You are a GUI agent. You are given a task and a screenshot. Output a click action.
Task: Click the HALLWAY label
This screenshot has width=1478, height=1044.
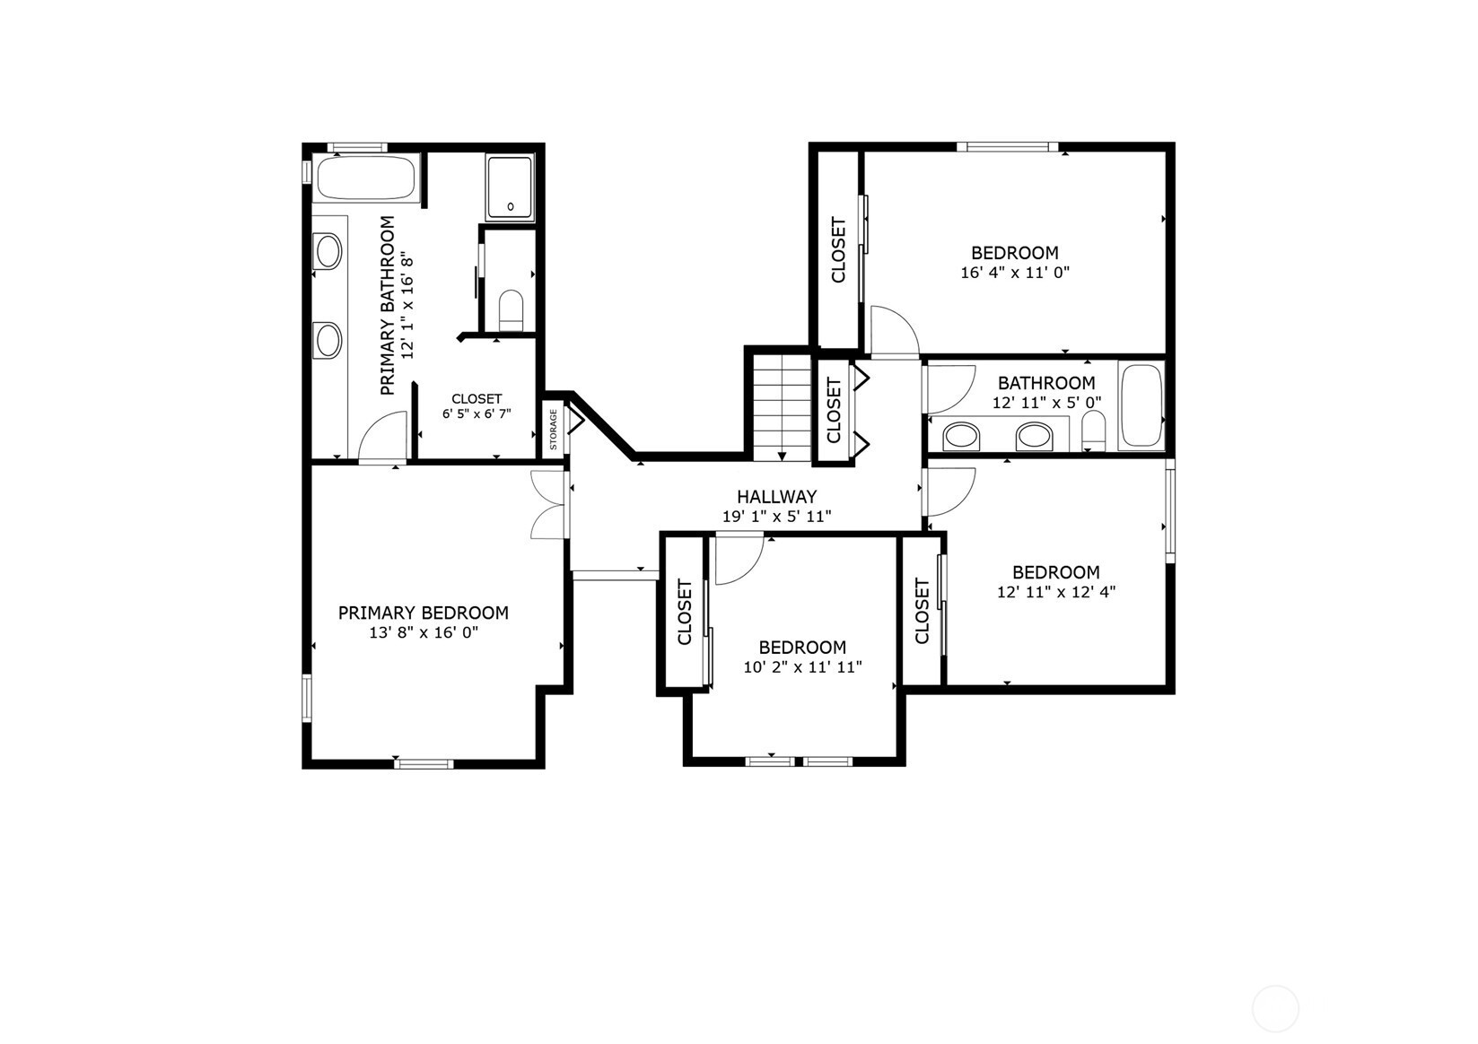point(776,497)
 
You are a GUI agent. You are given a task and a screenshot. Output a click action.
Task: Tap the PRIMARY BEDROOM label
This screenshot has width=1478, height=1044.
point(423,613)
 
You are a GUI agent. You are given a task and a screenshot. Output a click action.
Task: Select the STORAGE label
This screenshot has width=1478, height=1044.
point(554,430)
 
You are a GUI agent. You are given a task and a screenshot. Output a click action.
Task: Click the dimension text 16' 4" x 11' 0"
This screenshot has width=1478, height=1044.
point(1015,273)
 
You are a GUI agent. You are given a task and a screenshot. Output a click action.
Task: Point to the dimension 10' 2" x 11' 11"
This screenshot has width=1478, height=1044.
point(802,667)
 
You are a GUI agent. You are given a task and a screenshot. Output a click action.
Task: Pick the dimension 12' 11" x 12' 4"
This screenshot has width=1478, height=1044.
point(1055,592)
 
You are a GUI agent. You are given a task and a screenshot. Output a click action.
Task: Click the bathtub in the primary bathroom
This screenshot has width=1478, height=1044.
point(366,178)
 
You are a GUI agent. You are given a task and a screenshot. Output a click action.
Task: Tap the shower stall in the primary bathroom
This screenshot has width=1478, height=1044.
point(510,188)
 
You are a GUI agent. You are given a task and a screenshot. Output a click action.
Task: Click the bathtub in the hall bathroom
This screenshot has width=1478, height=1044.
point(1141,406)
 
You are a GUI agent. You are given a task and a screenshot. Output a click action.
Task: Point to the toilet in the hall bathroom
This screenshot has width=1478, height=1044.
point(1093,431)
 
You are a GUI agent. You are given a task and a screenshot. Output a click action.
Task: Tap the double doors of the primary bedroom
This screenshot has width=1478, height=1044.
point(549,505)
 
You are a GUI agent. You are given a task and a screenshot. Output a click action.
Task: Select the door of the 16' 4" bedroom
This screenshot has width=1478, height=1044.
point(895,332)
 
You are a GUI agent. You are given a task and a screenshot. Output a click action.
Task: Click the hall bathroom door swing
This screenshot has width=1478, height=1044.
point(951,389)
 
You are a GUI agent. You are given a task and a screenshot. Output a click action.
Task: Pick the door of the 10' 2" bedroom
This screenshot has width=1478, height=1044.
point(739,560)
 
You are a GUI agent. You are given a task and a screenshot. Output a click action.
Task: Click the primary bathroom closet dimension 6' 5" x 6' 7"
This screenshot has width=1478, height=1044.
point(477,414)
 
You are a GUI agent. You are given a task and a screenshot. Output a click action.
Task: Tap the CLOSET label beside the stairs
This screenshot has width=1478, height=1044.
point(834,410)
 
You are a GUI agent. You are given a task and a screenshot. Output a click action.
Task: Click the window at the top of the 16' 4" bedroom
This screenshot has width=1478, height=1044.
point(1008,147)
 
